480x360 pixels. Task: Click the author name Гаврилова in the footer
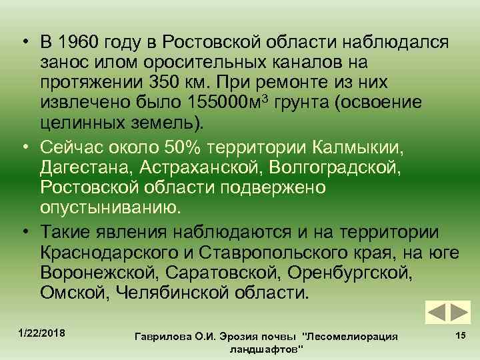click(x=161, y=337)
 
